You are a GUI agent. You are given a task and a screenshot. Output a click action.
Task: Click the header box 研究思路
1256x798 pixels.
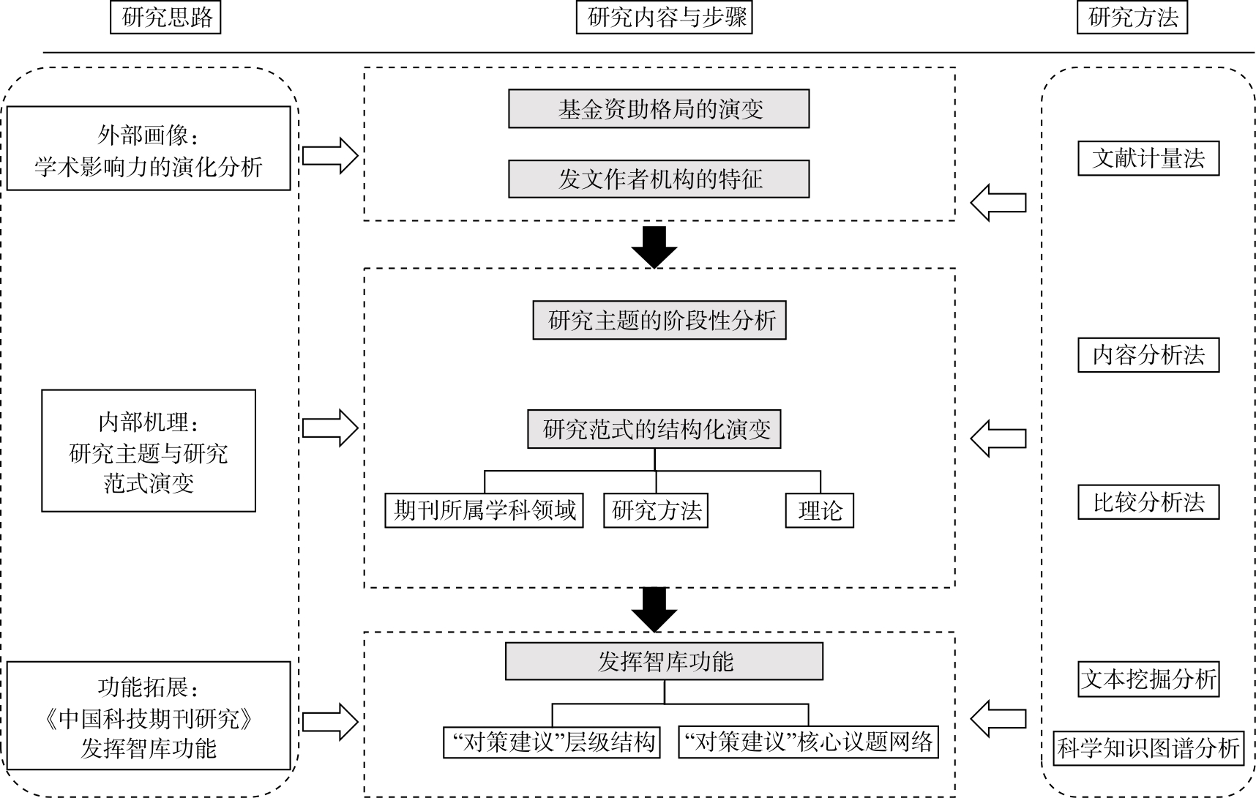(x=165, y=18)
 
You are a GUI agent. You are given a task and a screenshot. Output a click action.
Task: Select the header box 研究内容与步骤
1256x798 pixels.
(x=664, y=18)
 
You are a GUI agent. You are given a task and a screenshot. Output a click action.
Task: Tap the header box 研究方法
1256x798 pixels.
(x=1132, y=18)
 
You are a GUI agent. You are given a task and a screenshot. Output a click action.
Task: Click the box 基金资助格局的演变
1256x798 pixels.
(x=659, y=109)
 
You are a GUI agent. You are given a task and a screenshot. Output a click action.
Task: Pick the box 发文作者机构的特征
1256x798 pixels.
(x=659, y=179)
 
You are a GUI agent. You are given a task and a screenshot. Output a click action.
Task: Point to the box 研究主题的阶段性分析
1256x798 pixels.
(x=659, y=320)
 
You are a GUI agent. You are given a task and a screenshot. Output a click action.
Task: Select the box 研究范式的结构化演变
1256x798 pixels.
(x=654, y=429)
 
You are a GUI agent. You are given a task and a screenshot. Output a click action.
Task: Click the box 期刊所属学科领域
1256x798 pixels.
(x=484, y=510)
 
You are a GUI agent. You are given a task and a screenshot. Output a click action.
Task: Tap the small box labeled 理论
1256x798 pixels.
(x=820, y=510)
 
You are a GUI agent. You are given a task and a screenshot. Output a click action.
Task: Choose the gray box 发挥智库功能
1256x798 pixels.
(x=664, y=662)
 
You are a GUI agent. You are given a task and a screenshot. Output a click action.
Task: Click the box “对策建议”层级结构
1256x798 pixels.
(x=552, y=742)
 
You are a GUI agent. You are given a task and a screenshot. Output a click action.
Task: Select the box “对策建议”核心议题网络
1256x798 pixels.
(x=808, y=742)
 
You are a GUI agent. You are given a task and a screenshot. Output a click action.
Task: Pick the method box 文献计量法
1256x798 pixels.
(x=1148, y=158)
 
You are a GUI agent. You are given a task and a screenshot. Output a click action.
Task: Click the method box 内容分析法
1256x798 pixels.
(x=1148, y=355)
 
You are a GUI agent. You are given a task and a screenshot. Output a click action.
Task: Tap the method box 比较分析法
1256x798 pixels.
(x=1148, y=502)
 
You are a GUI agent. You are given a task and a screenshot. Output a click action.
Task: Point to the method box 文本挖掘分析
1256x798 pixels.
(x=1148, y=679)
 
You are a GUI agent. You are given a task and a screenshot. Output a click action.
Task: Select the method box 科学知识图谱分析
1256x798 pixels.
(x=1148, y=748)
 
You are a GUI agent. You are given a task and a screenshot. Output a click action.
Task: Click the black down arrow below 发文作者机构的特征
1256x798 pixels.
(x=654, y=247)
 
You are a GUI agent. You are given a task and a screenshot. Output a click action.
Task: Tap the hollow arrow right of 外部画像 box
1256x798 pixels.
(x=330, y=155)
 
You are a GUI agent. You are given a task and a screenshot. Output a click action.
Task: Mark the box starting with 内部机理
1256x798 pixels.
(x=149, y=451)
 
